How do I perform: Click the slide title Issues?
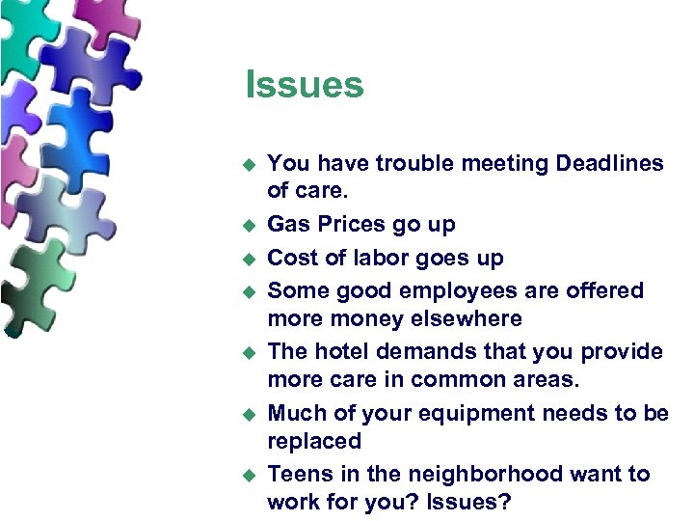click(x=305, y=85)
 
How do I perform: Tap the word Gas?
click(x=285, y=225)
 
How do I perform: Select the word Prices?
click(x=342, y=225)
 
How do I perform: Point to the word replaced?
click(x=314, y=441)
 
